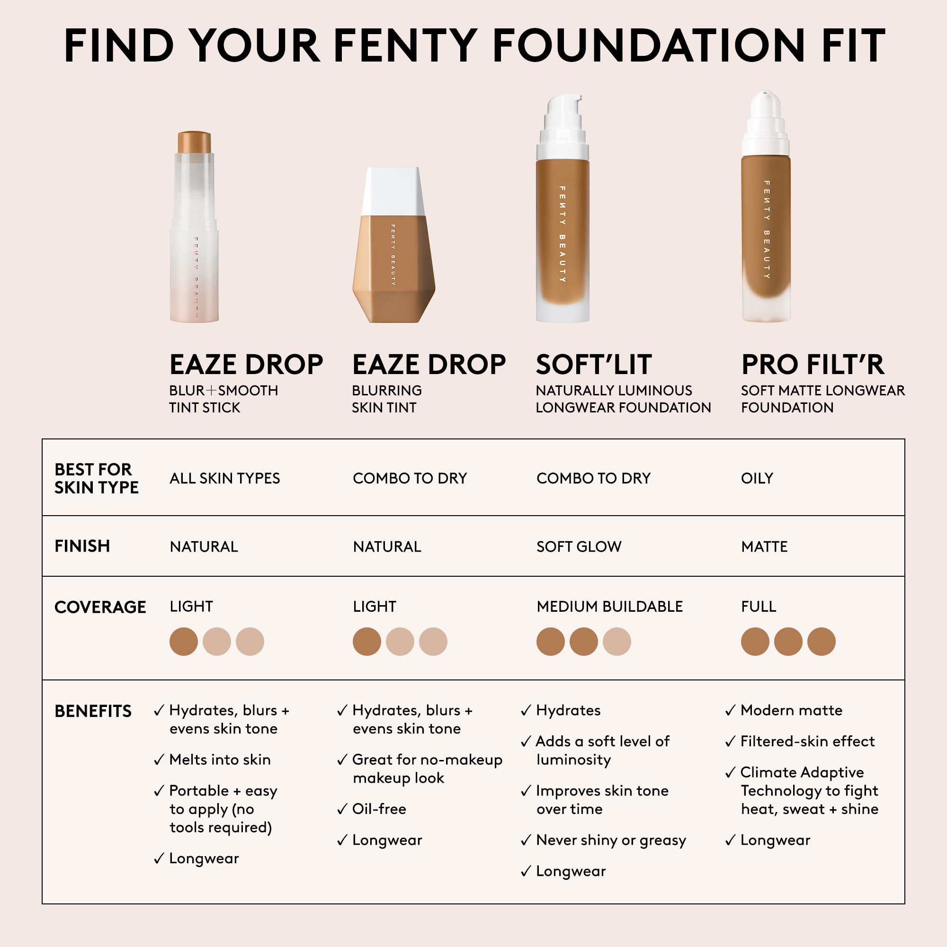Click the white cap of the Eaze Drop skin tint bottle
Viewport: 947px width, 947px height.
coord(393,191)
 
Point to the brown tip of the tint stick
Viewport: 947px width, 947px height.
coord(194,142)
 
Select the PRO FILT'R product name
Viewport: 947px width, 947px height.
coord(813,364)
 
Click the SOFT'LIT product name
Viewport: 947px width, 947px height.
coord(594,364)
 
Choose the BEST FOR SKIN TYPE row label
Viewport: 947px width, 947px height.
coord(97,478)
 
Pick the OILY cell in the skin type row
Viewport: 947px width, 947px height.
coord(757,478)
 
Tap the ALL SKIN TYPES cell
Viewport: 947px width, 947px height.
coord(224,478)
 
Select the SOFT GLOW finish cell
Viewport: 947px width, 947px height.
coord(579,546)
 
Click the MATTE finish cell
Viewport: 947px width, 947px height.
coord(764,546)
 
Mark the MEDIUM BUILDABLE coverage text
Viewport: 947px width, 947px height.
coord(609,607)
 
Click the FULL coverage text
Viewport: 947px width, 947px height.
coord(758,607)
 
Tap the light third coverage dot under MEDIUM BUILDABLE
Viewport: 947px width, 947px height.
coord(616,641)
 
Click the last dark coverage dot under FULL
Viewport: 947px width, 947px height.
coord(821,641)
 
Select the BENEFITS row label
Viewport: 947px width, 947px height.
coord(93,711)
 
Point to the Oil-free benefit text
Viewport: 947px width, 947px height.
coord(379,809)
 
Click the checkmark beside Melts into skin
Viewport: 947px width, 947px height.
coord(159,760)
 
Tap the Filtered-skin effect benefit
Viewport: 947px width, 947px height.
coord(807,741)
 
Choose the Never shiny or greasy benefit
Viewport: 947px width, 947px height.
coord(611,840)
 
